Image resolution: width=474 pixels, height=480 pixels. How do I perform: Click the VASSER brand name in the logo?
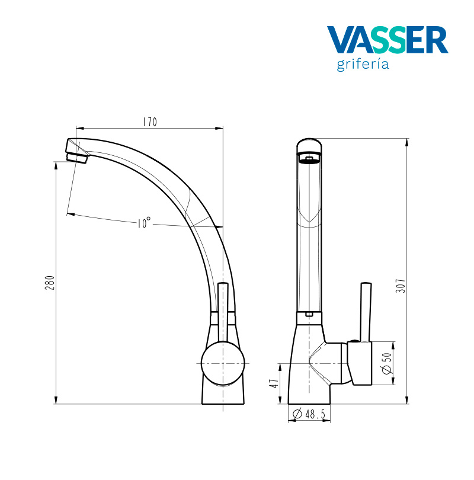pyautogui.click(x=387, y=40)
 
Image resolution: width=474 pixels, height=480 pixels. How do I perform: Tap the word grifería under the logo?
pyautogui.click(x=363, y=64)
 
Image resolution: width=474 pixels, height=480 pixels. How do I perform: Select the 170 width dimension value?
pyautogui.click(x=149, y=123)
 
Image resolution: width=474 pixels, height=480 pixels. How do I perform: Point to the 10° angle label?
pyautogui.click(x=143, y=223)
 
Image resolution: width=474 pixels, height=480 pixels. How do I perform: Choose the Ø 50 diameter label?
pyautogui.click(x=386, y=363)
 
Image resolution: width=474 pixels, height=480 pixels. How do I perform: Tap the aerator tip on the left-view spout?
pyautogui.click(x=76, y=156)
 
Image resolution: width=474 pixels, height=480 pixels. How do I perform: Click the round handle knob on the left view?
pyautogui.click(x=222, y=363)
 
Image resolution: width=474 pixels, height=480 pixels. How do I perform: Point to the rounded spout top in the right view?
pyautogui.click(x=309, y=145)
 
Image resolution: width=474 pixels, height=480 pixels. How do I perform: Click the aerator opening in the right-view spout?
pyautogui.click(x=308, y=159)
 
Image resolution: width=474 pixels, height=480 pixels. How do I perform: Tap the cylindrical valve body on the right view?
pyautogui.click(x=359, y=364)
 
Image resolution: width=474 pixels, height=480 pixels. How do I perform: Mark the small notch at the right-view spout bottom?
pyautogui.click(x=308, y=315)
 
